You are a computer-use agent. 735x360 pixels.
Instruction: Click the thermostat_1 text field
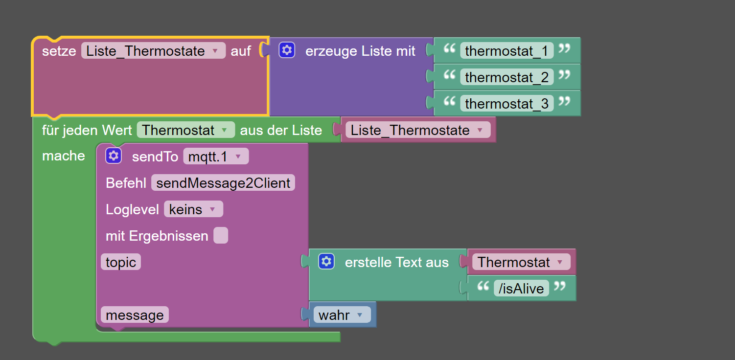point(506,50)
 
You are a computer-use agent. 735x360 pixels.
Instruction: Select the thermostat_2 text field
point(506,77)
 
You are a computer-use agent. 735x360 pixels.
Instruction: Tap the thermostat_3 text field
point(506,103)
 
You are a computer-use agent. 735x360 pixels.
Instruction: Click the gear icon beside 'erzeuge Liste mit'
point(287,50)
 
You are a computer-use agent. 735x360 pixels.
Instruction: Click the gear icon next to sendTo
point(114,156)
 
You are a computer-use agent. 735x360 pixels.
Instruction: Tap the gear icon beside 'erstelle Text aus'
point(326,261)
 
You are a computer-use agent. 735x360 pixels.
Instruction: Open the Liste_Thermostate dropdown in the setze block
point(153,50)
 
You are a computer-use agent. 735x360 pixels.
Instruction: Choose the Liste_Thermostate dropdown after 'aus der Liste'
point(417,130)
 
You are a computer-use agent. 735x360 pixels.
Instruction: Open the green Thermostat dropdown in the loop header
point(185,130)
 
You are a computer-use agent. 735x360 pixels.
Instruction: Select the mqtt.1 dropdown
point(215,157)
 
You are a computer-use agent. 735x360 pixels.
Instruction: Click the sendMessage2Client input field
point(223,183)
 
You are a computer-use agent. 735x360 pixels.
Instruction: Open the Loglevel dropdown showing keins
point(193,209)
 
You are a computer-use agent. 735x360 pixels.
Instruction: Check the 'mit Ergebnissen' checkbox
point(221,235)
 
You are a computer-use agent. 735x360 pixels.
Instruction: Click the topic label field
point(121,262)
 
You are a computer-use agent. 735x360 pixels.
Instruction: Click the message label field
point(135,315)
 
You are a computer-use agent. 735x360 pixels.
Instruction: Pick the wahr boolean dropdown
point(341,315)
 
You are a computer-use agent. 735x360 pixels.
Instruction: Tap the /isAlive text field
point(521,289)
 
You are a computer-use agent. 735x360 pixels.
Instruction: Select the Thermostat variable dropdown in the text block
point(521,262)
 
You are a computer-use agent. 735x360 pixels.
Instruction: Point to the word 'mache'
point(64,156)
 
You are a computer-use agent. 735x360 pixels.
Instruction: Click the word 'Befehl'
point(126,183)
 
